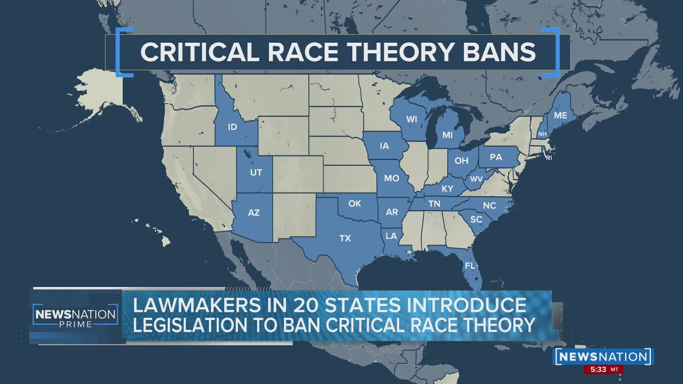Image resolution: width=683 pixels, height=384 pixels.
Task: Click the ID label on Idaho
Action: coord(232,127)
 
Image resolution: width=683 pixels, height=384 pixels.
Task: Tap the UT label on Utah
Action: coord(256,172)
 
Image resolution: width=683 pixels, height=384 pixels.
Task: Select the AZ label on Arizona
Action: coord(254,212)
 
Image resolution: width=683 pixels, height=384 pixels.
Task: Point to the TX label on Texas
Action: coord(345,238)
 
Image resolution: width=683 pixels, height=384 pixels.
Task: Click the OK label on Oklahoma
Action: coord(355,203)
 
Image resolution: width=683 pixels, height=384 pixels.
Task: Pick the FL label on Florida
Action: coord(470,265)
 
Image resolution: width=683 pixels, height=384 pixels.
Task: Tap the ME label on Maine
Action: coord(560,115)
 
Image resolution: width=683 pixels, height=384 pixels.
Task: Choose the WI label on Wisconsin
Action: coord(411,119)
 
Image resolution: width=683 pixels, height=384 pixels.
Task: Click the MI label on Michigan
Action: coord(447,135)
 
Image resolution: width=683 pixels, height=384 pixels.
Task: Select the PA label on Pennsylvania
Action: coord(496,157)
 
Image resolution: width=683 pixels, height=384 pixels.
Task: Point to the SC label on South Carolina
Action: coord(476,219)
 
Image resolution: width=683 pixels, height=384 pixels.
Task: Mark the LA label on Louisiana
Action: coord(392,236)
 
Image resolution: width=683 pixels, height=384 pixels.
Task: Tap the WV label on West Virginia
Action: coord(476,178)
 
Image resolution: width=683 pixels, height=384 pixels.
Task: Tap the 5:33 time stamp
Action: coord(599,369)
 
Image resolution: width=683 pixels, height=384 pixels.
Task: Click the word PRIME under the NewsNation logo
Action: coord(75,324)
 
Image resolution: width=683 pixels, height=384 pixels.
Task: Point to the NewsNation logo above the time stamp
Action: coord(603,356)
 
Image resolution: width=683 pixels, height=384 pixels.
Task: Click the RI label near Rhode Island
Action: coord(549,157)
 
